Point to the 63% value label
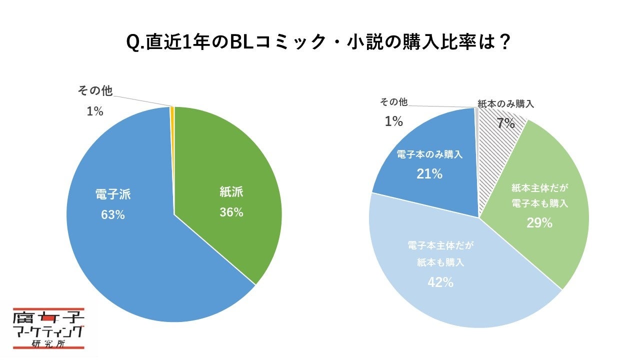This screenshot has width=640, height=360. coord(113,215)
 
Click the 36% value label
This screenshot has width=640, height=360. coord(231,212)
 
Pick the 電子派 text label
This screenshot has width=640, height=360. coord(113,194)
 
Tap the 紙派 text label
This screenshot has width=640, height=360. coord(231,191)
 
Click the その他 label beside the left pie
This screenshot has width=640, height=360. coord(94,91)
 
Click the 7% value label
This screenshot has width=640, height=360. coord(505,123)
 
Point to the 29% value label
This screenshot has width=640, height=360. coord(539,223)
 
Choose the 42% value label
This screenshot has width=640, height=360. coord(440,282)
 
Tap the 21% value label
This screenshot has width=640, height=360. coord(429,174)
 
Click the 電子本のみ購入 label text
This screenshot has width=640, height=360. coord(429,154)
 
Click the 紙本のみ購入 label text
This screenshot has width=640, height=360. coord(506,104)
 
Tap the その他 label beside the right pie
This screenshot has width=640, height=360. coord(393,102)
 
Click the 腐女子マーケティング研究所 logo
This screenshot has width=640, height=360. coord(49,327)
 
